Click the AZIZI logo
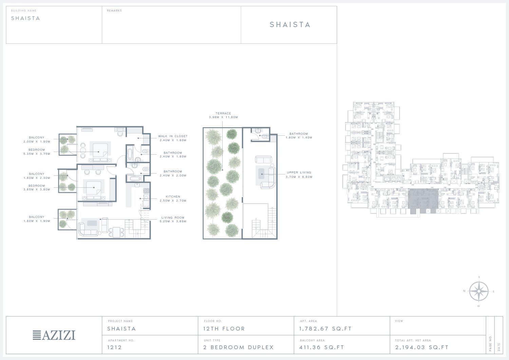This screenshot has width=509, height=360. [x=54, y=335]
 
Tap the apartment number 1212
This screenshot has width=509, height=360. [x=115, y=347]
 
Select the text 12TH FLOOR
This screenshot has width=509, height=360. [x=224, y=329]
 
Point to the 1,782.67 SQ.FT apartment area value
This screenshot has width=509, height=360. [x=325, y=329]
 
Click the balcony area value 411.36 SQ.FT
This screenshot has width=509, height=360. [x=322, y=347]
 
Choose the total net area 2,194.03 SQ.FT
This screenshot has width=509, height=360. [x=422, y=347]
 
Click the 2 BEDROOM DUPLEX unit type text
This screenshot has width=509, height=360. [x=239, y=347]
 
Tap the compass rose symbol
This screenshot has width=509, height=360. [x=478, y=291]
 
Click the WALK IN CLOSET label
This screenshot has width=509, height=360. [x=173, y=136]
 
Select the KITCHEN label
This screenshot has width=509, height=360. [x=173, y=196]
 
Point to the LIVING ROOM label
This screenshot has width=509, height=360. [x=173, y=217]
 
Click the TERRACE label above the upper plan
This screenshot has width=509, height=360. [x=223, y=113]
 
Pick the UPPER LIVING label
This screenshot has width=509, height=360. [x=299, y=172]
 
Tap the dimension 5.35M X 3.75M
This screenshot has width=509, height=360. [x=37, y=154]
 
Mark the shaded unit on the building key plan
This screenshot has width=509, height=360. [x=423, y=201]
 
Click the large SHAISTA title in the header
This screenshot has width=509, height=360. [x=290, y=24]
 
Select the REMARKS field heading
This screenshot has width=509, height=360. [x=114, y=11]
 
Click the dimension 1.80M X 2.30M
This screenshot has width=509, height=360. [x=37, y=178]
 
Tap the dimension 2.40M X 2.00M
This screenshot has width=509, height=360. [x=173, y=175]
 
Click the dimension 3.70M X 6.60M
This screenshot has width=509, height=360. [x=299, y=177]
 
